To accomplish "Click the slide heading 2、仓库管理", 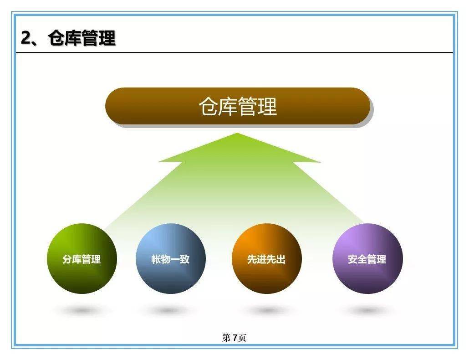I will click(x=68, y=38).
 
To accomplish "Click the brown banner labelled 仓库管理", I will click(x=237, y=106).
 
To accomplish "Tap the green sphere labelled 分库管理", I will click(x=82, y=258).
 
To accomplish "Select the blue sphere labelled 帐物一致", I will click(x=170, y=258).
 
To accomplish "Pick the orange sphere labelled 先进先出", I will click(x=266, y=258).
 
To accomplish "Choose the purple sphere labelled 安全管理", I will click(x=367, y=258).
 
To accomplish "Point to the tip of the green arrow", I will click(x=237, y=134).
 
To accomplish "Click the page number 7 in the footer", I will click(x=235, y=338).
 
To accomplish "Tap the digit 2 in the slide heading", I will click(x=26, y=38).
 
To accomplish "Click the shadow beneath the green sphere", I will click(x=82, y=310).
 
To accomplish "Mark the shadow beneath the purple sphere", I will click(x=367, y=310).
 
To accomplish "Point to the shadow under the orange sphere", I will click(x=266, y=310).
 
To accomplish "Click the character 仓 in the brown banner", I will click(x=208, y=106).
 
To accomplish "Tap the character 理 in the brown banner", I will click(x=267, y=106).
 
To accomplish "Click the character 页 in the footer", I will click(x=242, y=338).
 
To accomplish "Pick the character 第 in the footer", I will click(x=226, y=338).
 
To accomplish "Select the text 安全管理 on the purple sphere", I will click(x=367, y=259).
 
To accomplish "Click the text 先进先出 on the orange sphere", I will click(x=266, y=259).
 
